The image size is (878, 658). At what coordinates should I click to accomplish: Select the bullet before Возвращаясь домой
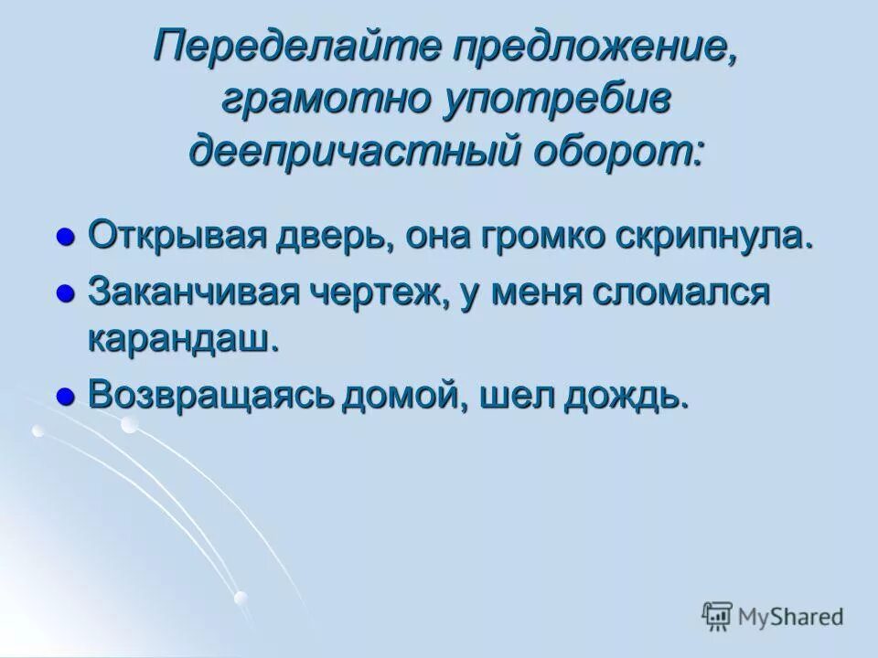pyautogui.click(x=65, y=396)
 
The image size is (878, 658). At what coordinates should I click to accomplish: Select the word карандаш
pyautogui.click(x=182, y=338)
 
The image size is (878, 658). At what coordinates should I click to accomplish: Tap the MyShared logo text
pyautogui.click(x=791, y=617)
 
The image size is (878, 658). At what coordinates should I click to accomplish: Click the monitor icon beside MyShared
pyautogui.click(x=717, y=617)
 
